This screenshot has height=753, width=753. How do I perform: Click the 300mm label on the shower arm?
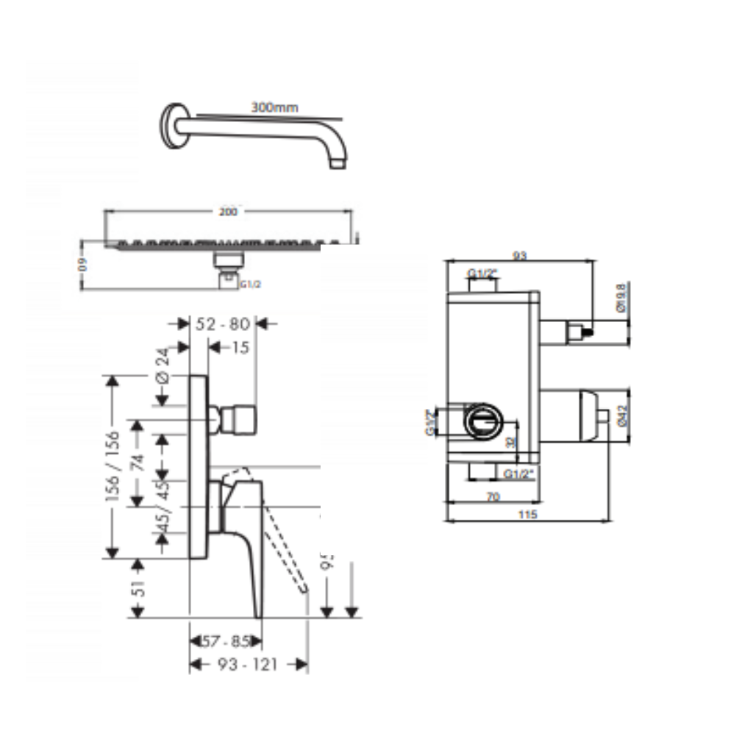[x=275, y=107]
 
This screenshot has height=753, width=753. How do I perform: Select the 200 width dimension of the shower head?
[x=229, y=212]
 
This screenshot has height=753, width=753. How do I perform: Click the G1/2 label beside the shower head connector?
[x=250, y=284]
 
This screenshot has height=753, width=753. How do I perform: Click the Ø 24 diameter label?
[x=163, y=365]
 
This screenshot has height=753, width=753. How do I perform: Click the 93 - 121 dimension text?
[x=248, y=665]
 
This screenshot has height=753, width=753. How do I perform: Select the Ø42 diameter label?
[x=622, y=416]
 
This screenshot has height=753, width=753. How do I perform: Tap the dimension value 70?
[x=493, y=497]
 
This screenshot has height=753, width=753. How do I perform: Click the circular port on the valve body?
[x=483, y=421]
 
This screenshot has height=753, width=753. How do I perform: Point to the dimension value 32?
[x=510, y=442]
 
